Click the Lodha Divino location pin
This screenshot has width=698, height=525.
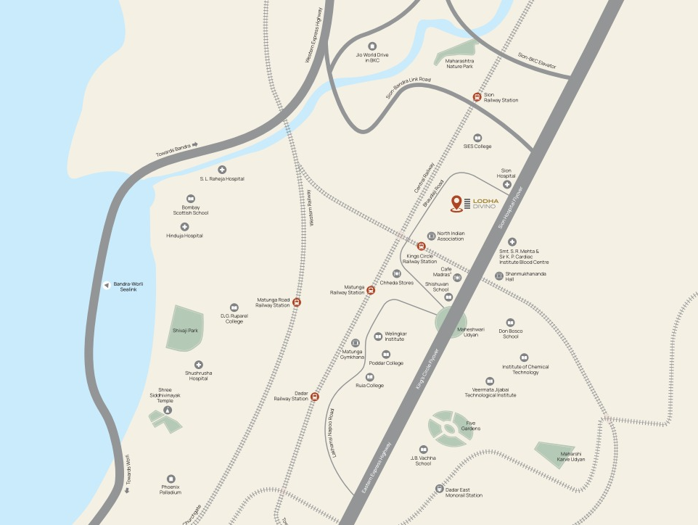click(456, 204)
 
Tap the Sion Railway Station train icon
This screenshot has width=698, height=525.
click(477, 96)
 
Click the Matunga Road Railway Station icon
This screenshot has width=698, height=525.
click(296, 302)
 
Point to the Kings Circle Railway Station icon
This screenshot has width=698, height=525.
click(421, 247)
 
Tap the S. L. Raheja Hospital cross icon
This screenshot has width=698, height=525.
click(222, 169)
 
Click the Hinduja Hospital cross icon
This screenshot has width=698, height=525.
click(184, 227)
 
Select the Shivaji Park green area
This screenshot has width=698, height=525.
click(185, 328)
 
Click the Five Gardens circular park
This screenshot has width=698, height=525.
click(449, 429)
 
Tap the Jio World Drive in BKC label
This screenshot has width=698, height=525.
click(368, 57)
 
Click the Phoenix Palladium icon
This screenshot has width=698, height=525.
click(171, 479)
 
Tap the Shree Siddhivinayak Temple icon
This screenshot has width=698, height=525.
click(168, 410)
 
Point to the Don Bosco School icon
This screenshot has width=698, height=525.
click(510, 322)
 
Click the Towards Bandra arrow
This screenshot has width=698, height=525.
click(194, 145)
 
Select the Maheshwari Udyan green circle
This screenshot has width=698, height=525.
click(451, 321)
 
